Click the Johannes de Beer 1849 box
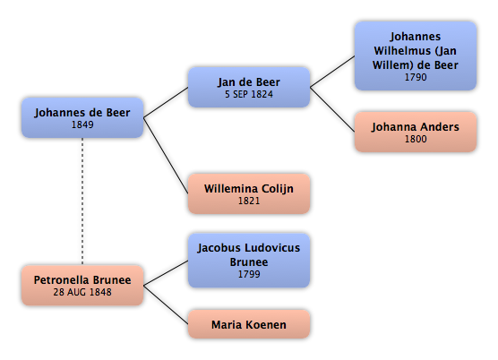pyautogui.click(x=82, y=117)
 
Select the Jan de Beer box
pyautogui.click(x=249, y=87)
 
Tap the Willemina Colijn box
pyautogui.click(x=249, y=193)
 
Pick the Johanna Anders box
pyautogui.click(x=416, y=132)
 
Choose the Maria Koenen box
pyautogui.click(x=249, y=324)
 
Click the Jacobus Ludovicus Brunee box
pyautogui.click(x=249, y=261)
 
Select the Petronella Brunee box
pyautogui.click(x=82, y=286)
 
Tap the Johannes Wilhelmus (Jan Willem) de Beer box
pyautogui.click(x=416, y=56)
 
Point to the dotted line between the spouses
pyautogui.click(x=82, y=201)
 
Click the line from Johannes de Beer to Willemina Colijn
pyautogui.click(x=166, y=156)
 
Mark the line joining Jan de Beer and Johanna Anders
pyautogui.click(x=332, y=109)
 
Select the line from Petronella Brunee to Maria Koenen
pyautogui.click(x=166, y=304)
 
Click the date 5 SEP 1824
pyautogui.click(x=249, y=94)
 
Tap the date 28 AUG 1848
pyautogui.click(x=82, y=292)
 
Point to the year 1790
pyautogui.click(x=416, y=77)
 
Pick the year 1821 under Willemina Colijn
pyautogui.click(x=249, y=201)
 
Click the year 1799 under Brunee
pyautogui.click(x=249, y=274)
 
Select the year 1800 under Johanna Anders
pyautogui.click(x=416, y=139)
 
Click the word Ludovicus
pyautogui.click(x=270, y=248)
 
